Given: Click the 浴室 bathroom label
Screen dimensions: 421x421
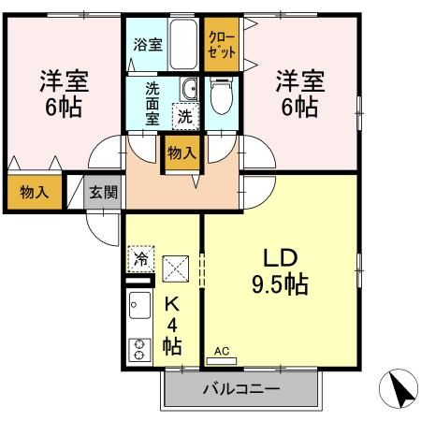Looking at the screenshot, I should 147,43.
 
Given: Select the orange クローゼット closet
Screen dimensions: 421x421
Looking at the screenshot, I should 222,44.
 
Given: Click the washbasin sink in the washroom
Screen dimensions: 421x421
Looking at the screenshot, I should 190,90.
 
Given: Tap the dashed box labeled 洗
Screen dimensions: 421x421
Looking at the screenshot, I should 187,118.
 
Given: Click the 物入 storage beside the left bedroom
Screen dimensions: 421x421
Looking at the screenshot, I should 35,194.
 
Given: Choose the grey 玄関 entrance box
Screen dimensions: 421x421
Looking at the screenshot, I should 103,194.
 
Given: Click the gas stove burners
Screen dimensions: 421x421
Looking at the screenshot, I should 140,349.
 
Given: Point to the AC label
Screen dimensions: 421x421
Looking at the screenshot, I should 222,352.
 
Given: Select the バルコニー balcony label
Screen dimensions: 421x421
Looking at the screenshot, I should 240,389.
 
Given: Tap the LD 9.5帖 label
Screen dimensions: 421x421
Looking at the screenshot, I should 279,269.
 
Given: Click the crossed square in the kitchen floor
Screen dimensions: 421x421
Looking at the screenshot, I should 175,269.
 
